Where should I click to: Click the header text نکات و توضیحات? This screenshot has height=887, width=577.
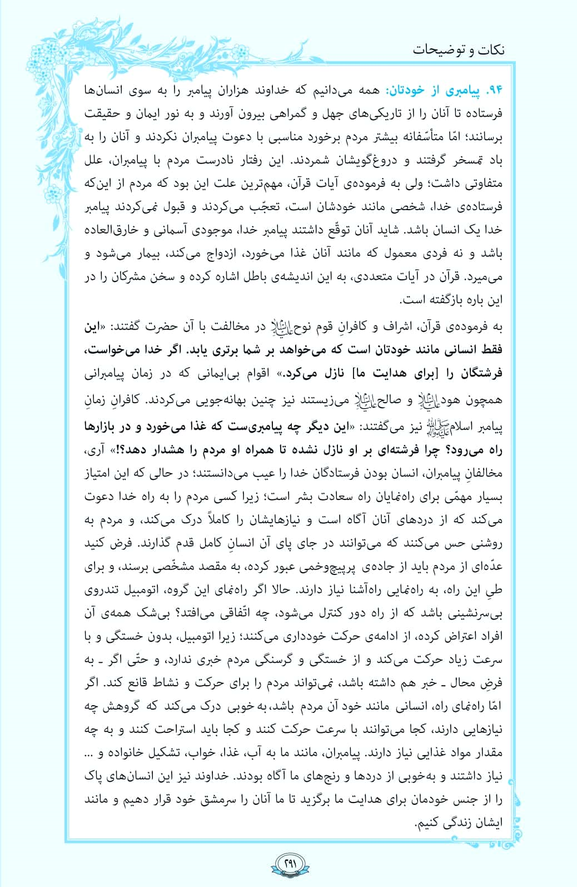point(459,50)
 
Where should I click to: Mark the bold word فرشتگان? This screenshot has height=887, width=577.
point(479,373)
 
